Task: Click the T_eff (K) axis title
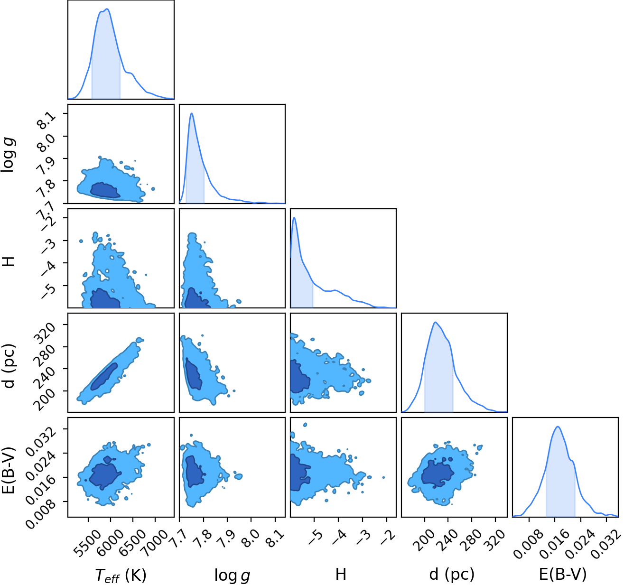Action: pyautogui.click(x=121, y=576)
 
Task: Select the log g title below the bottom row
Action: pyautogui.click(x=232, y=576)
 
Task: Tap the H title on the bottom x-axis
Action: pyautogui.click(x=341, y=574)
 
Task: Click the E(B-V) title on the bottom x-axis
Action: pyautogui.click(x=563, y=575)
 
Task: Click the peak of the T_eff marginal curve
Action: pyautogui.click(x=107, y=9)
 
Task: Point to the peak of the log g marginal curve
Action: pyautogui.click(x=192, y=113)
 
